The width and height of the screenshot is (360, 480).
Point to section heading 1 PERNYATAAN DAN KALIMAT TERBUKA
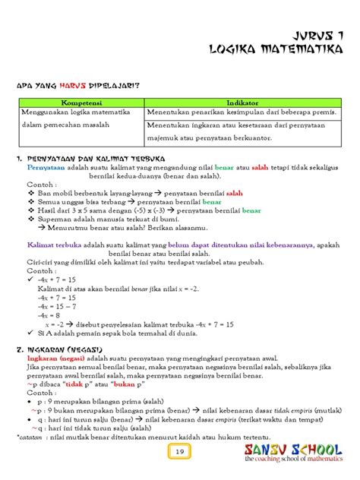[x=91, y=158]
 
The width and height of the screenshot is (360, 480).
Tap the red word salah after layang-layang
[x=235, y=194]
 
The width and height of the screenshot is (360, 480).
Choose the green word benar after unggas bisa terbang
[x=212, y=204]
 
